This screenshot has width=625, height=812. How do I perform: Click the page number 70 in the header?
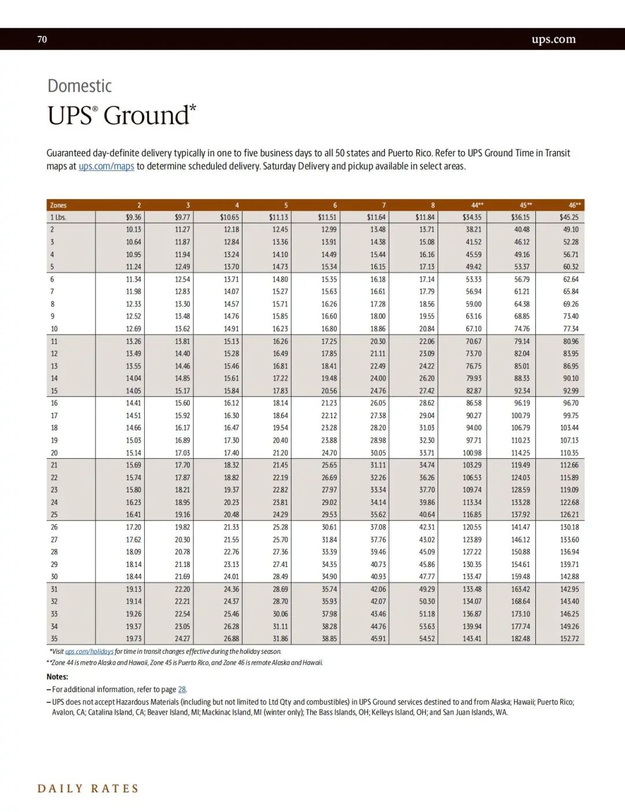(42, 39)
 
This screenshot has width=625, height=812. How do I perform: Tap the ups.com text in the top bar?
(553, 39)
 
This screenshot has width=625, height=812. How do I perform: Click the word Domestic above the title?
(79, 86)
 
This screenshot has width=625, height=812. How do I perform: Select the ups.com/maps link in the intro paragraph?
(106, 166)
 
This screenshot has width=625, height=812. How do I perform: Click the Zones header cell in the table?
(58, 205)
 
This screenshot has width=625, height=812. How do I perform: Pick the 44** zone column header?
(477, 205)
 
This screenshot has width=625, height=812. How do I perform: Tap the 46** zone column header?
(574, 205)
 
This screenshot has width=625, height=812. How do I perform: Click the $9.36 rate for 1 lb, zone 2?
(133, 217)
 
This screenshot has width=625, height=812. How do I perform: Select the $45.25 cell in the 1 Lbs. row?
(568, 217)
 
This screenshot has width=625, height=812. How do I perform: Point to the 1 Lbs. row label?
(58, 217)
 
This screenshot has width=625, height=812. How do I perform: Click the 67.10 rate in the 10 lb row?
(473, 329)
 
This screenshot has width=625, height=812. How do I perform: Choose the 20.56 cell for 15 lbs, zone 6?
(329, 391)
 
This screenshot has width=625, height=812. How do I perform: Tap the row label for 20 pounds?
(54, 453)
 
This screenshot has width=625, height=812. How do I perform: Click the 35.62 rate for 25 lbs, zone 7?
(378, 515)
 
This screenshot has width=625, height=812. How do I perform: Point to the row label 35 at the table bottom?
(54, 639)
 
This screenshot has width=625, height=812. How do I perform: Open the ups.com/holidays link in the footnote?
(89, 652)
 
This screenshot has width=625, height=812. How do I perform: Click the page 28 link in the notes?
(182, 689)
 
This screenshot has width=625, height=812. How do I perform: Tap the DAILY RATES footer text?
(88, 788)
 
